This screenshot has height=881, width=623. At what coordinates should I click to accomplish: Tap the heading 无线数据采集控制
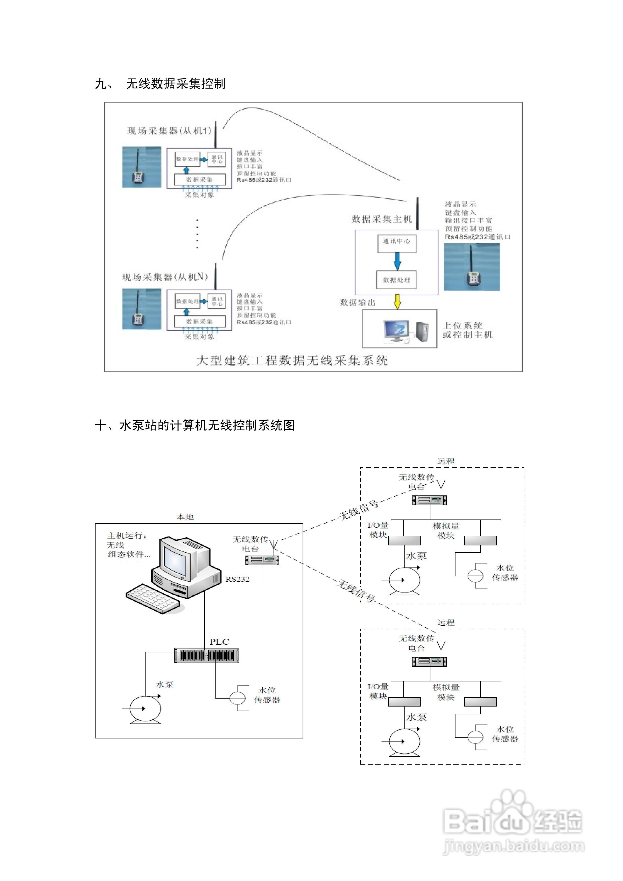tap(176, 84)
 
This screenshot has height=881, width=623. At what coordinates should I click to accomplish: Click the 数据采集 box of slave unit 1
tap(200, 180)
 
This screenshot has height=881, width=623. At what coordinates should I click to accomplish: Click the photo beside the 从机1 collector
tap(141, 167)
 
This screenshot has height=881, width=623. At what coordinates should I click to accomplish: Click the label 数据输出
tap(357, 303)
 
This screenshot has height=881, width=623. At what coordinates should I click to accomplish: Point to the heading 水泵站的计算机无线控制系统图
tap(195, 425)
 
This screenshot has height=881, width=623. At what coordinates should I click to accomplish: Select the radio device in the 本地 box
tap(262, 560)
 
